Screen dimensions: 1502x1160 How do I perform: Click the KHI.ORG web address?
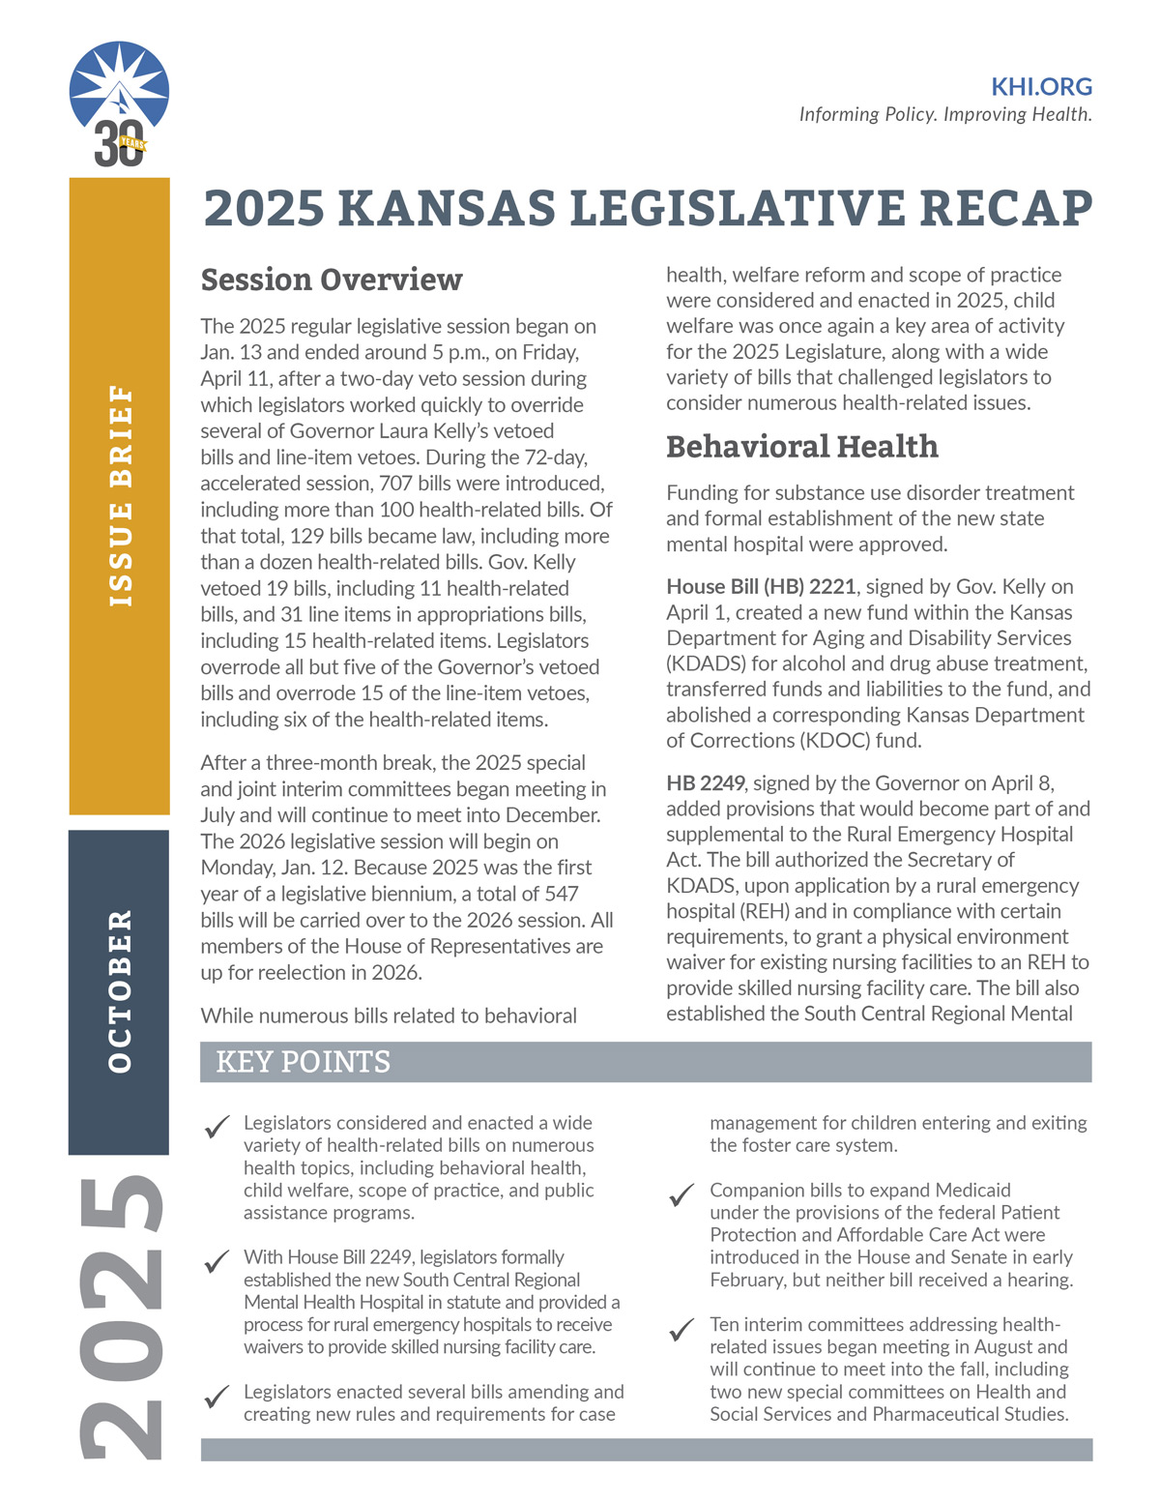tap(1041, 87)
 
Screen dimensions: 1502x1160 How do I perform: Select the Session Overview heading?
tap(332, 280)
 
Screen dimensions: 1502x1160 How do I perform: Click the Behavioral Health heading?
tap(801, 446)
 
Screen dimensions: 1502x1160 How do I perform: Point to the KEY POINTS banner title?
tap(303, 1062)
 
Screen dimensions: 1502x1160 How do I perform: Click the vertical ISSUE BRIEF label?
tap(120, 495)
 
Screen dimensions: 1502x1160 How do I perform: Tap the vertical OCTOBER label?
tap(120, 990)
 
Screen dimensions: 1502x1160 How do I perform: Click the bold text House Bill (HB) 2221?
tap(761, 587)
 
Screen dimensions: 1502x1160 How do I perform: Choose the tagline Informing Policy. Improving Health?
tap(944, 114)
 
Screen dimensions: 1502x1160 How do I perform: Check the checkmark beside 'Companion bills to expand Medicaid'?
tap(682, 1195)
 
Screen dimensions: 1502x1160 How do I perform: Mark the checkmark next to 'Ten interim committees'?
tap(682, 1330)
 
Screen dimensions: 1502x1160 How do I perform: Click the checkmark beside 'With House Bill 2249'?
tap(217, 1262)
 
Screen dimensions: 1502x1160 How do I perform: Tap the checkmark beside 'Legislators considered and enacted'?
tap(217, 1128)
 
